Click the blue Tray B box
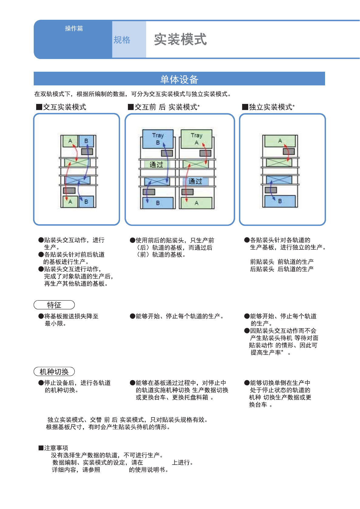pos(158,139)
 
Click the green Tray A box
pos(196,139)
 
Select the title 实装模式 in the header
pos(180,40)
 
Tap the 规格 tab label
pos(122,40)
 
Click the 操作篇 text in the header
pos(74,28)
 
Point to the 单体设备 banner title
pos(179,79)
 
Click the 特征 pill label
pos(54,305)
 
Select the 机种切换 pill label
pos(54,372)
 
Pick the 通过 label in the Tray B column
pos(156,165)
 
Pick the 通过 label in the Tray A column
pos(195,181)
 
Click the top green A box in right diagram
pos(280,141)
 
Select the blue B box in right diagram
pos(280,201)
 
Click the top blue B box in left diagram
pos(86,141)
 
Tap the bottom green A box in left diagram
pos(70,201)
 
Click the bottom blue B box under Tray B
pos(158,203)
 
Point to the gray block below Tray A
pos(205,153)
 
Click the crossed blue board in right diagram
pos(279,180)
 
